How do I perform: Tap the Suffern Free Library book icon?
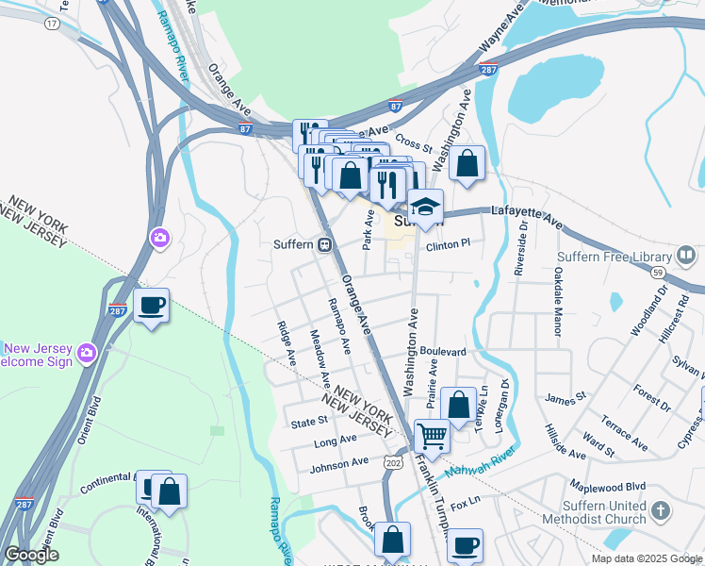pos(687,256)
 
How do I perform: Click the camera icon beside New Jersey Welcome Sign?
pos(87,352)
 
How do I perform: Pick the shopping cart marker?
pos(432,436)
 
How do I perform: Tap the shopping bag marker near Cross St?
pos(466,162)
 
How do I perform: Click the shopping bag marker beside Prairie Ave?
pos(458,405)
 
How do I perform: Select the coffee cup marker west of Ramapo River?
pos(151,305)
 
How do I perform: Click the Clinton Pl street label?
pos(448,243)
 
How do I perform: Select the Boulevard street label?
pos(443,352)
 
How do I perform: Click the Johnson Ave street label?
pos(339,463)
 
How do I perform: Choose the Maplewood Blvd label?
pos(609,486)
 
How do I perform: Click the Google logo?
pos(31,555)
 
